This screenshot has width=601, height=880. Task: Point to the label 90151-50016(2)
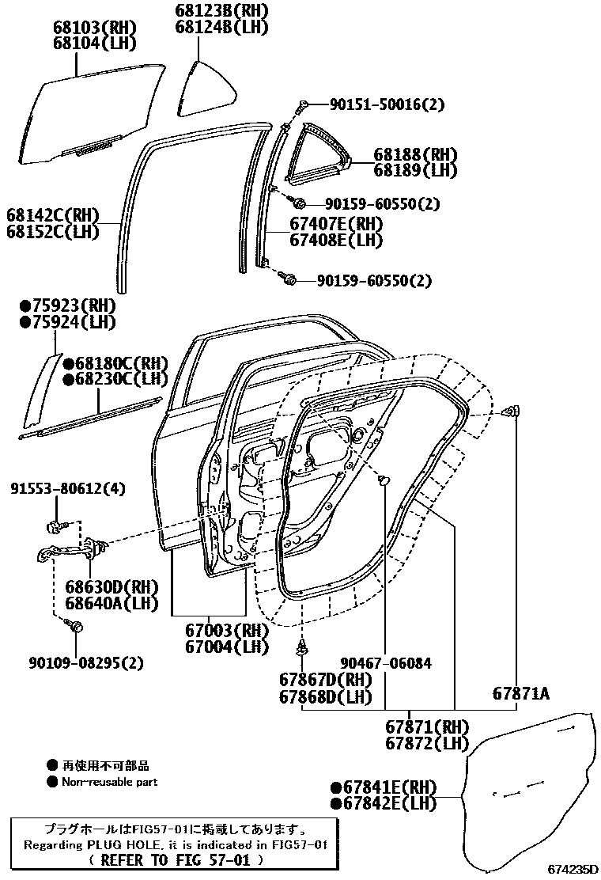pos(377,104)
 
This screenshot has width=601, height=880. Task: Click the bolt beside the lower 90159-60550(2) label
pos(289,279)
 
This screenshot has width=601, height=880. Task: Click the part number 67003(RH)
pos(217,631)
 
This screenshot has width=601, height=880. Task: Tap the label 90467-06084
pos(387,663)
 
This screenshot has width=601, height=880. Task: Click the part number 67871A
pos(520,694)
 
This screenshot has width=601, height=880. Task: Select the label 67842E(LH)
pos(384,803)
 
